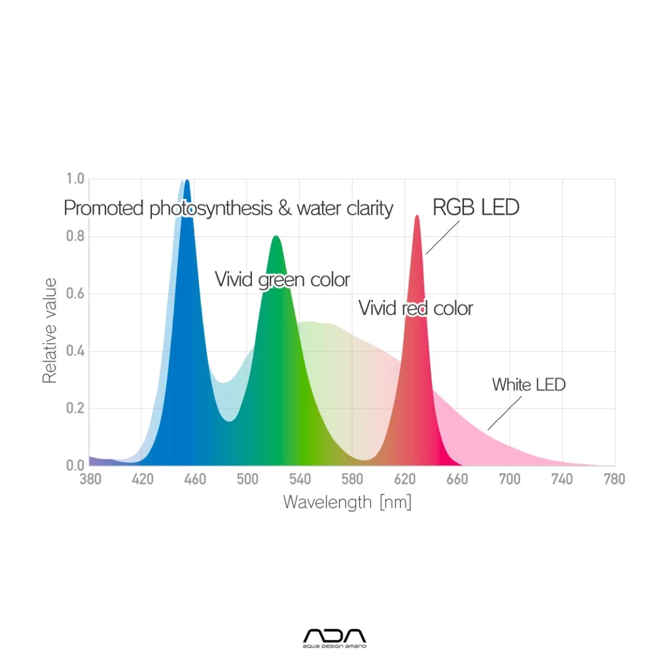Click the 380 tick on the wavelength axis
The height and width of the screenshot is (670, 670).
[90, 480]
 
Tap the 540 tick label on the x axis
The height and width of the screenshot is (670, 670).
[300, 480]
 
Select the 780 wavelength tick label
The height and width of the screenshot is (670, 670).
[614, 480]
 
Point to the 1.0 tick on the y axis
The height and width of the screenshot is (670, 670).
[75, 179]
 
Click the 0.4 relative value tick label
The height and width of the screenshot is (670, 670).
[75, 351]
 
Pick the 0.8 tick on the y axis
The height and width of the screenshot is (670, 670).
[75, 236]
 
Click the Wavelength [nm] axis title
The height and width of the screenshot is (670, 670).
[347, 502]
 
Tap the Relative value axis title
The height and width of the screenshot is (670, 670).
[50, 330]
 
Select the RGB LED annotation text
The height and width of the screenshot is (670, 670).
[476, 207]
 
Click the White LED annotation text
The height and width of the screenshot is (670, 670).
[529, 385]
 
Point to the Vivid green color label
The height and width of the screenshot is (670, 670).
[283, 280]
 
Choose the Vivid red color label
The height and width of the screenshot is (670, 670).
[415, 308]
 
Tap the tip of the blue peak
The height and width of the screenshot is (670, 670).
[187, 181]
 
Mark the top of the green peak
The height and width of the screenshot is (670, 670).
[275, 237]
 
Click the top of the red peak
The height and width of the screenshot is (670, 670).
[417, 216]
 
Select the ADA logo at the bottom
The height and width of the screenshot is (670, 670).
[335, 637]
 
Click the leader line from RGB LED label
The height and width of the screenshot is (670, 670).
[442, 236]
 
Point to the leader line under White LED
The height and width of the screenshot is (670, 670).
[504, 412]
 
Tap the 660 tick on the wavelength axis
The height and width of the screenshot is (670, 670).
[457, 480]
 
